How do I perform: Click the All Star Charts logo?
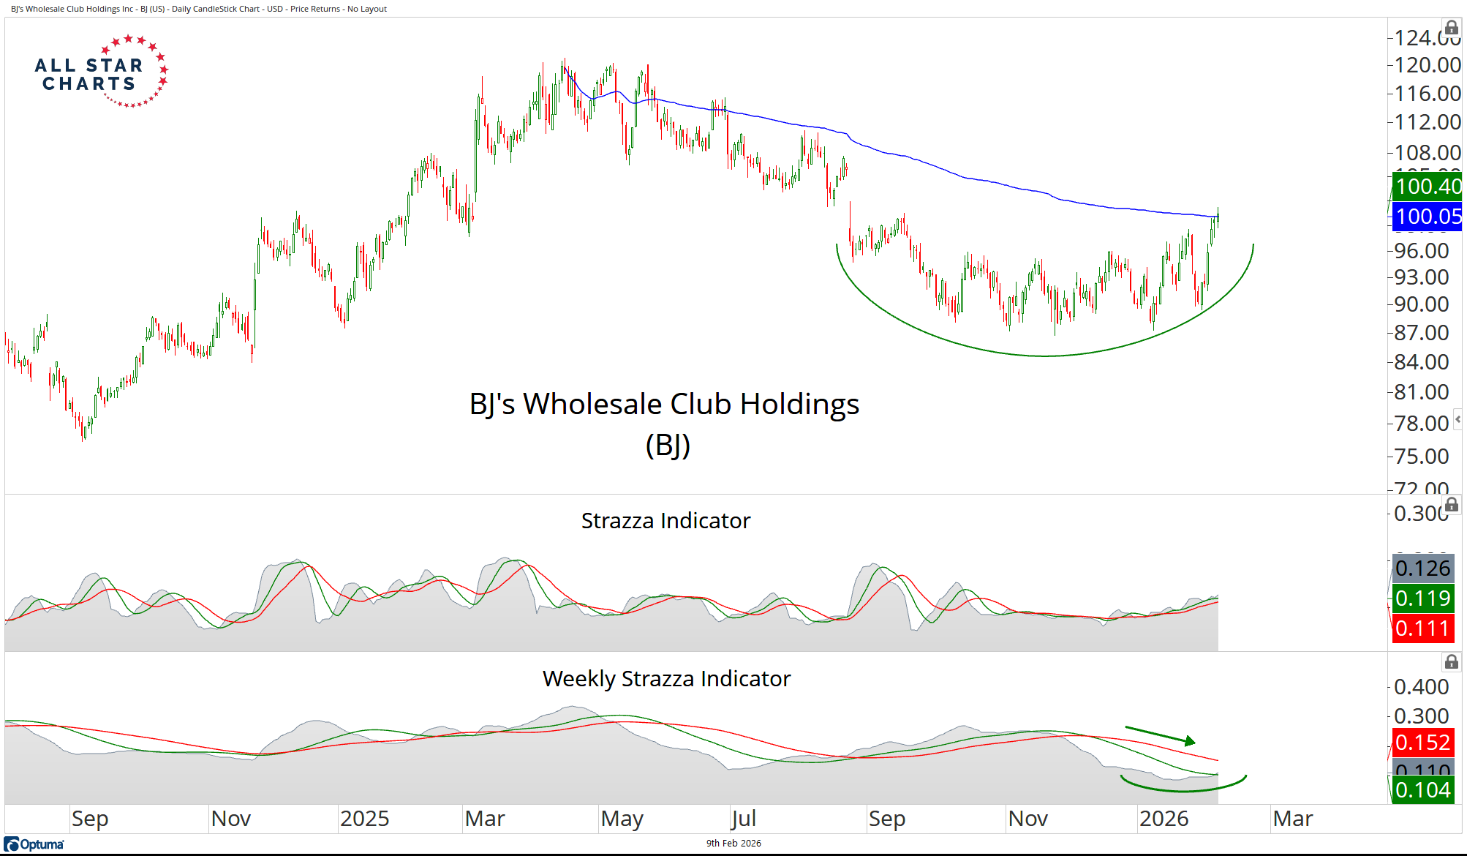point(101,72)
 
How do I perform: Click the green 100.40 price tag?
point(1427,187)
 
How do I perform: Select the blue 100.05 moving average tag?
point(1427,217)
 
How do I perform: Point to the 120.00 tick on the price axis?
point(1427,65)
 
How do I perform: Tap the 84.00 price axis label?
point(1421,362)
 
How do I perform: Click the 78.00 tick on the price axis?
point(1421,424)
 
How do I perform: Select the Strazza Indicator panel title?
point(665,520)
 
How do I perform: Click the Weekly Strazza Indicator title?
point(666,678)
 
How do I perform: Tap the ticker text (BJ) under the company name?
point(668,445)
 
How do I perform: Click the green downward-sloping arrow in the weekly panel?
point(1161,735)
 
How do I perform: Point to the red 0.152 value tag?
point(1422,743)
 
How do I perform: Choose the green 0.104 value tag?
point(1422,790)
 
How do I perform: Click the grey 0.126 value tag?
point(1422,568)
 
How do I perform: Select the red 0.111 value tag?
point(1422,628)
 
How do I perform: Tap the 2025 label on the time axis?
point(364,819)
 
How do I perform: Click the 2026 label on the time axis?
point(1164,819)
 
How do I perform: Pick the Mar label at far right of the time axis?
point(1292,819)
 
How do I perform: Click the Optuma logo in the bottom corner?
point(34,844)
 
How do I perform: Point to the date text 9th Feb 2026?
point(733,844)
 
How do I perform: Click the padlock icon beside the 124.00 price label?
point(1452,28)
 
